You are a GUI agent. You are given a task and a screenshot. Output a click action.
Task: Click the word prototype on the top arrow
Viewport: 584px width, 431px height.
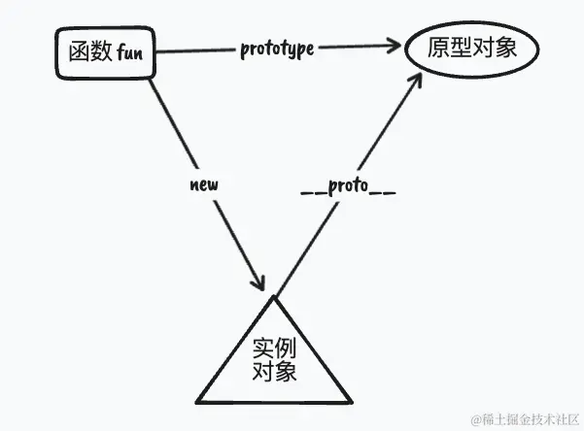tap(277, 49)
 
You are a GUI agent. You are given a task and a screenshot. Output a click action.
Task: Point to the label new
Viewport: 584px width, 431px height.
tap(205, 182)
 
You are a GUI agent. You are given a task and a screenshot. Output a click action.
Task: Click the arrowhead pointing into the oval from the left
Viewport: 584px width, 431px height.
tap(394, 45)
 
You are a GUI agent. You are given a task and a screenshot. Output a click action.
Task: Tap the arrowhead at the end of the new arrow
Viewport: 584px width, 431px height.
tap(258, 282)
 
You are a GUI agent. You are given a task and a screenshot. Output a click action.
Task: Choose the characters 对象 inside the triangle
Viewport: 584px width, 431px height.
tap(274, 372)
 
